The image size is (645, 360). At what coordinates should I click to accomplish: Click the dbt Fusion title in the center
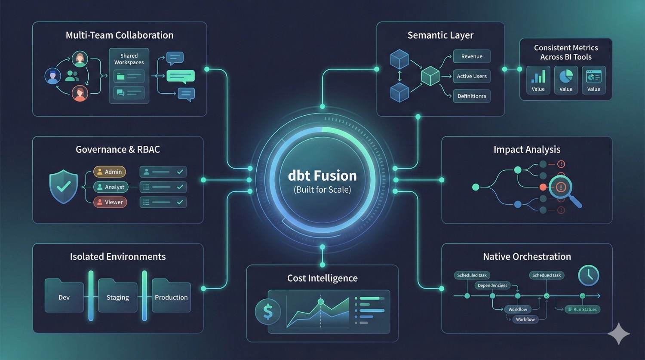pos(322,175)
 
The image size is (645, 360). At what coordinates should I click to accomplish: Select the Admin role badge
pos(110,172)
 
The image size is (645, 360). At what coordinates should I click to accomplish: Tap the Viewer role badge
pos(110,202)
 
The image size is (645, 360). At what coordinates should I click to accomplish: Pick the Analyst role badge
pos(111,187)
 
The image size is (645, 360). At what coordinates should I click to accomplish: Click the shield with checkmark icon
pos(64,186)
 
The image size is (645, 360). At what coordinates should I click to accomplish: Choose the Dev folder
pos(64,296)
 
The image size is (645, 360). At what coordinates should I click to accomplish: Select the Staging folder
pos(117,296)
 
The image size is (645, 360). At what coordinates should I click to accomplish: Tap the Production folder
pos(171,296)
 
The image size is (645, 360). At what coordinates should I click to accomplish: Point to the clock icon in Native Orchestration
pos(589,275)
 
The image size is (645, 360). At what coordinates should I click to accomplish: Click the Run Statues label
pos(583,309)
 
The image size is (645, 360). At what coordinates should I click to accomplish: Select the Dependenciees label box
pos(492,285)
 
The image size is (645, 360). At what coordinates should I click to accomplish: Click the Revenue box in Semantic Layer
pos(472,56)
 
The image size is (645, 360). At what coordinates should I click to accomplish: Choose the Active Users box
pos(472,76)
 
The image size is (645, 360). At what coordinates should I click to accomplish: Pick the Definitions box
pos(472,96)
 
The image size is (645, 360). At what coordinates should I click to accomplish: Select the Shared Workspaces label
pos(129,59)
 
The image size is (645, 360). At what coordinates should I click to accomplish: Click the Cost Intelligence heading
pos(322,278)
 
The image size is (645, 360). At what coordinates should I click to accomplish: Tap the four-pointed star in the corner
pos(619,333)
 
